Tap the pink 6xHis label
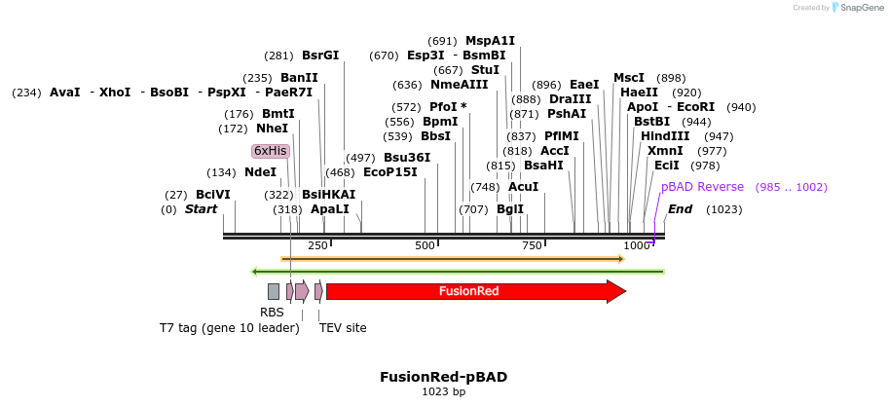point(270,151)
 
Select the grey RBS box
point(274,291)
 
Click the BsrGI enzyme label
point(320,55)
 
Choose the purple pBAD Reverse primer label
point(702,187)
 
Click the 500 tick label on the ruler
point(425,245)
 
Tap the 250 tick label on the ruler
point(317,245)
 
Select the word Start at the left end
point(201,209)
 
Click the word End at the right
point(681,209)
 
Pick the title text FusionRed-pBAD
point(443,377)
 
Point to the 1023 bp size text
point(443,392)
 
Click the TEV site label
point(343,328)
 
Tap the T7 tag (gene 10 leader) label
point(230,328)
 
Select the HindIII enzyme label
point(665,136)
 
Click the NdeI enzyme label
point(260,172)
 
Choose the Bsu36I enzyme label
point(407,158)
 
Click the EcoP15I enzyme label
point(389,172)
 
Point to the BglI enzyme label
point(510,209)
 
